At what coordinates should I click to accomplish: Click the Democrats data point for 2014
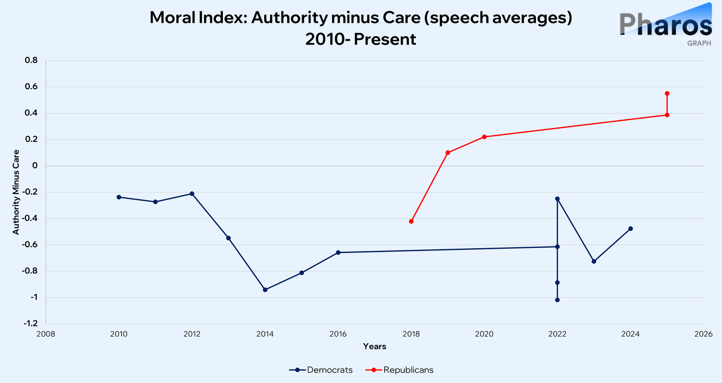[x=265, y=290]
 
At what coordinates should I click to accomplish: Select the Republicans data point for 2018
[x=411, y=221]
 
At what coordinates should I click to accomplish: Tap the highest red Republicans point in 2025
[x=667, y=93]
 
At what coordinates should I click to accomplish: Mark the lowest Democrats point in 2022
[x=557, y=300]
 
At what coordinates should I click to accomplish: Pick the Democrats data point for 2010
[x=119, y=197]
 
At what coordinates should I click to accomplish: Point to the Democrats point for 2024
[x=630, y=229]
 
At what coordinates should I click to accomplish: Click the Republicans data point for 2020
[x=484, y=137]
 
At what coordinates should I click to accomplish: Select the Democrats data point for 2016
[x=338, y=252]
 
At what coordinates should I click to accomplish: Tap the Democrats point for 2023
[x=594, y=261]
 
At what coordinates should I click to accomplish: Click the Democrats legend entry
[x=321, y=370]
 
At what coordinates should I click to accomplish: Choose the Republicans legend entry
[x=399, y=370]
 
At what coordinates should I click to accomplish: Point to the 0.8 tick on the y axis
[x=31, y=60]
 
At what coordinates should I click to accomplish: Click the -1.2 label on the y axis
[x=30, y=323]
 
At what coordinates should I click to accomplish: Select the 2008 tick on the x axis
[x=46, y=334]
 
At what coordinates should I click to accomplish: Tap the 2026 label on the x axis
[x=703, y=334]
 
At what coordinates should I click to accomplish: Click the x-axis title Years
[x=374, y=346]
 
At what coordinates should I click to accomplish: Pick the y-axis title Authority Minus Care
[x=16, y=192]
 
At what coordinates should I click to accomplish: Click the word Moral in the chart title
[x=172, y=18]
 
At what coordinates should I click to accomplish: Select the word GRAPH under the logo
[x=699, y=43]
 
